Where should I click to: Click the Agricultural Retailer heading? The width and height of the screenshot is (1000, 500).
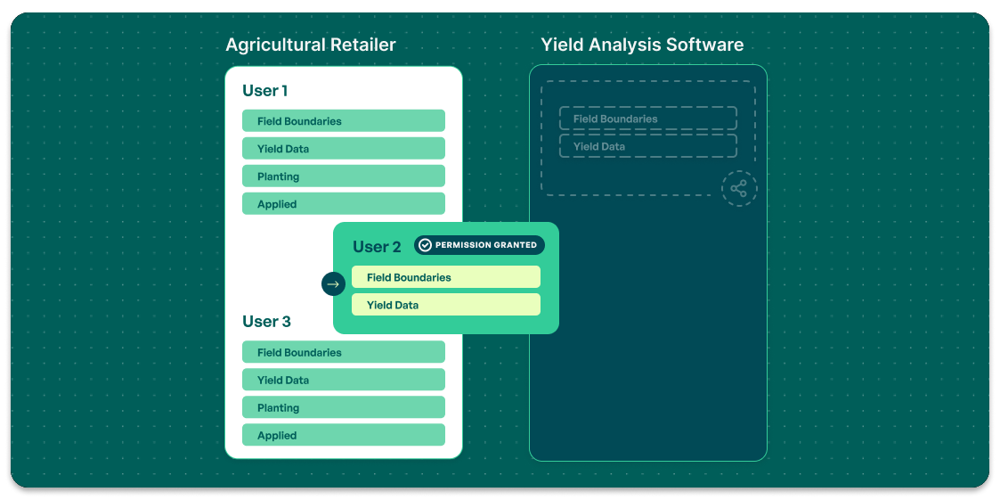[x=310, y=45]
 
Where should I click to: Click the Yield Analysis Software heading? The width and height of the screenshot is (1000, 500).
[x=642, y=45]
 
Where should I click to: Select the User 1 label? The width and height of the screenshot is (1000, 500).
[x=264, y=91]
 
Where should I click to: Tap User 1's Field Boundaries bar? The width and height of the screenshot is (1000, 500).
[x=343, y=121]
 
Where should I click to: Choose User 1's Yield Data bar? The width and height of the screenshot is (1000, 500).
[x=343, y=149]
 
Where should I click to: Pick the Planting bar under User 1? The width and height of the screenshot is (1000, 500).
[x=343, y=176]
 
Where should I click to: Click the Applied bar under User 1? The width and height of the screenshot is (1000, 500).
[x=343, y=204]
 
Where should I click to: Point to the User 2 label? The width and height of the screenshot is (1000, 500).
[x=377, y=247]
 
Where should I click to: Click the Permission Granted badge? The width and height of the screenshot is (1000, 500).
[x=479, y=245]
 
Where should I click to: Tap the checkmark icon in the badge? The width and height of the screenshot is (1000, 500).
[x=425, y=245]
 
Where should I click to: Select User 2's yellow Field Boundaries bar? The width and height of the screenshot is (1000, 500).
[x=445, y=277]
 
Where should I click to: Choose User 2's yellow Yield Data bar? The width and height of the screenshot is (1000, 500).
[x=445, y=305]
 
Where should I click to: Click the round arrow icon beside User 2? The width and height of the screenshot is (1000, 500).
[x=333, y=284]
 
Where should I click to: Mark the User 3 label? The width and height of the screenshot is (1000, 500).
[x=266, y=322]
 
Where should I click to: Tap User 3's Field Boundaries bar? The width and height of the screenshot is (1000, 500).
[x=343, y=352]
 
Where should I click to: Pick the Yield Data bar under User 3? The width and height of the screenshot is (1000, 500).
[x=343, y=380]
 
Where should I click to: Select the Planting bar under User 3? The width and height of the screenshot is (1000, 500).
[x=343, y=407]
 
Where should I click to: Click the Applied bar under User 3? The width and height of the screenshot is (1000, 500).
[x=343, y=435]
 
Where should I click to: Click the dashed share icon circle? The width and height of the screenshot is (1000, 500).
[x=739, y=189]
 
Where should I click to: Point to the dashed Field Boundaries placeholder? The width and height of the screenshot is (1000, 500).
[x=647, y=119]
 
